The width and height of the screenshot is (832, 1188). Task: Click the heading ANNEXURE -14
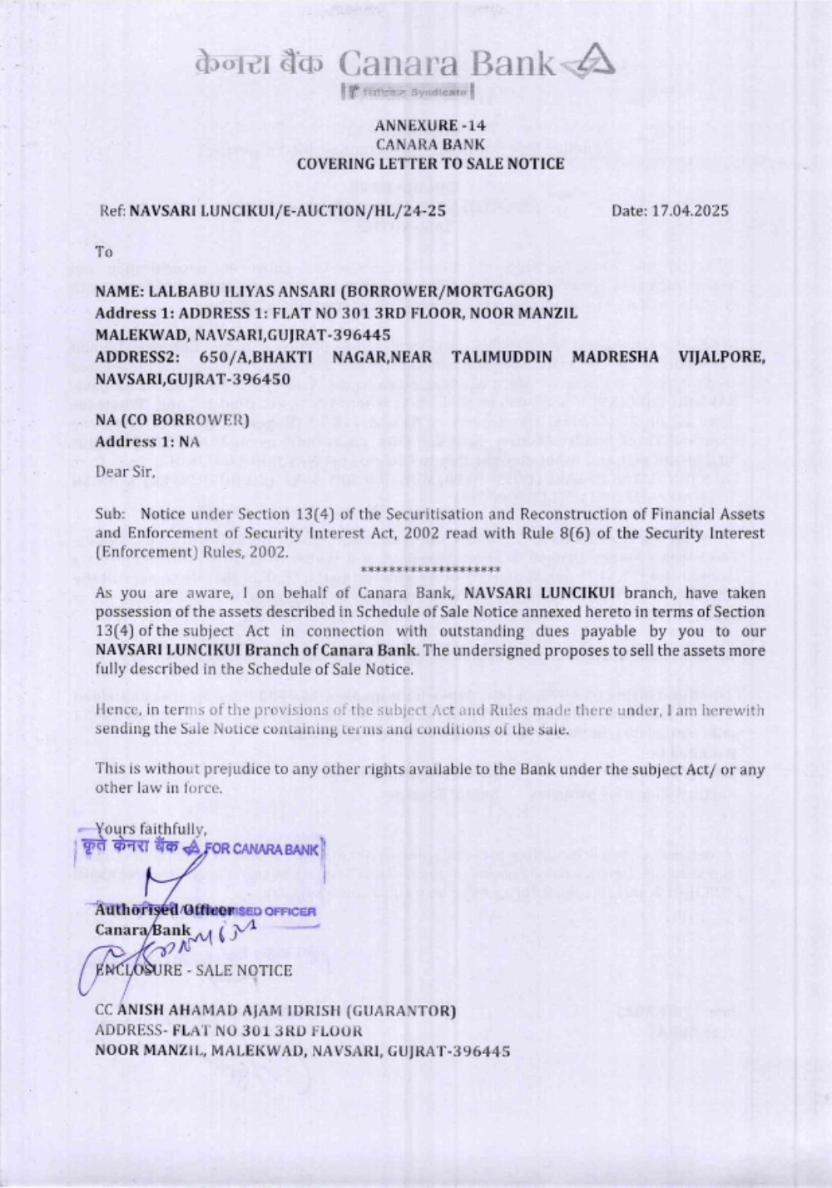[x=430, y=126]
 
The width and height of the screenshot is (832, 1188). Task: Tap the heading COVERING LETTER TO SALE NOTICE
[x=430, y=164]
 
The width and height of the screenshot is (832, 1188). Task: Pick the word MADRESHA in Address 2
[x=615, y=357]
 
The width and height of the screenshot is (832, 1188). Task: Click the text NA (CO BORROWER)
[x=172, y=420]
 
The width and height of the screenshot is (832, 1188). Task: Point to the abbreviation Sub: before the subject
[x=110, y=514]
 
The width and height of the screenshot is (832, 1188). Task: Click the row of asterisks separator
[x=431, y=570]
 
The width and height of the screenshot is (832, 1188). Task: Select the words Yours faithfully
[x=151, y=829]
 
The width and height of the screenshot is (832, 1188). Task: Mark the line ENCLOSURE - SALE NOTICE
[x=194, y=970]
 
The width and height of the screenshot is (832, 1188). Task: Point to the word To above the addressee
[x=104, y=251]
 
